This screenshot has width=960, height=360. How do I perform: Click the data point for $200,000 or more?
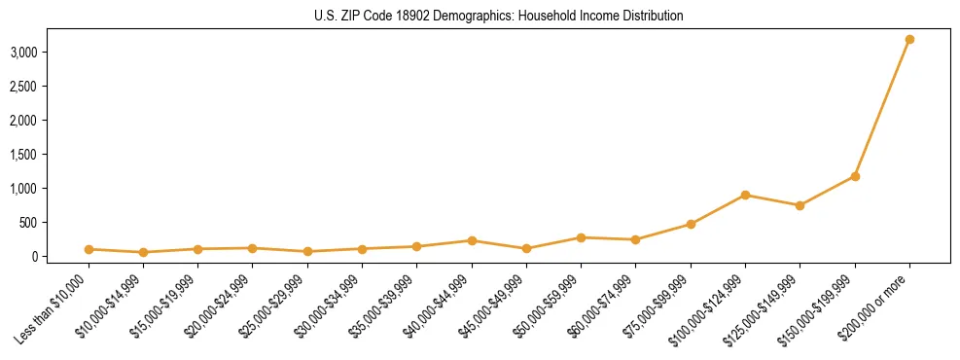(909, 39)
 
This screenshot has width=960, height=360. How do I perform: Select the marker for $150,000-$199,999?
(855, 176)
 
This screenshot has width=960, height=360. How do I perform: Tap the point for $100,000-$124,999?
(745, 195)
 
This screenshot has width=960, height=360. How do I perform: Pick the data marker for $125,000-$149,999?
(800, 205)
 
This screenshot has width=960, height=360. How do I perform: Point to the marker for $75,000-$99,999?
(691, 224)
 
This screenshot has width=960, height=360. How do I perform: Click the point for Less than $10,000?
(89, 249)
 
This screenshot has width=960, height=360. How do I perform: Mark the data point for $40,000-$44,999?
(472, 240)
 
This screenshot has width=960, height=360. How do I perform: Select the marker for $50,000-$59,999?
(581, 237)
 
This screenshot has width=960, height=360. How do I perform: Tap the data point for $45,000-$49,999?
(526, 248)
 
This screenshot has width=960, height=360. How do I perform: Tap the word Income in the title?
(572, 17)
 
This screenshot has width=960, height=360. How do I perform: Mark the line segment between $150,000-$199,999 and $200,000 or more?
(882, 107)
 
